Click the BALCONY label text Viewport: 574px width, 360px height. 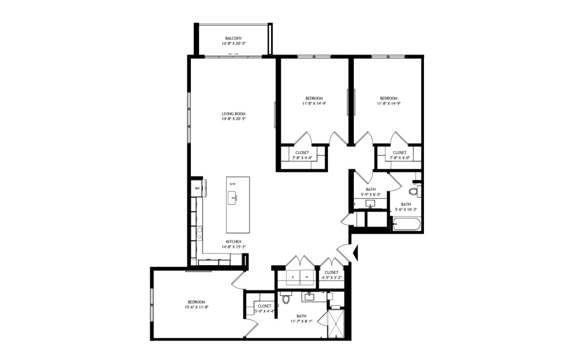coord(234,39)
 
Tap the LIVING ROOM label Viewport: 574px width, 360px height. coord(234,114)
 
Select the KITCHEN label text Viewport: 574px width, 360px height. coord(234,242)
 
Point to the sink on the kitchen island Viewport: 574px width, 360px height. coord(234,199)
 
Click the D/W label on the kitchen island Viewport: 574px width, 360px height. coord(233,184)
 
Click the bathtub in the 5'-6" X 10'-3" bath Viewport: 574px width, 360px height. coord(407,223)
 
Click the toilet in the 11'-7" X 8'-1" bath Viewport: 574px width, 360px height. coord(286,298)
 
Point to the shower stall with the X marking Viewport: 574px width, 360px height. coord(335,324)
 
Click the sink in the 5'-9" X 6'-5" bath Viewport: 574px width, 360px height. coord(370,203)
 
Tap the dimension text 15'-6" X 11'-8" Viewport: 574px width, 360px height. coord(196,308)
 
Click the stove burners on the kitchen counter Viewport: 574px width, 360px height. coord(199,232)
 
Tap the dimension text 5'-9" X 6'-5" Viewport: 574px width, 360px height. coord(370,194)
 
